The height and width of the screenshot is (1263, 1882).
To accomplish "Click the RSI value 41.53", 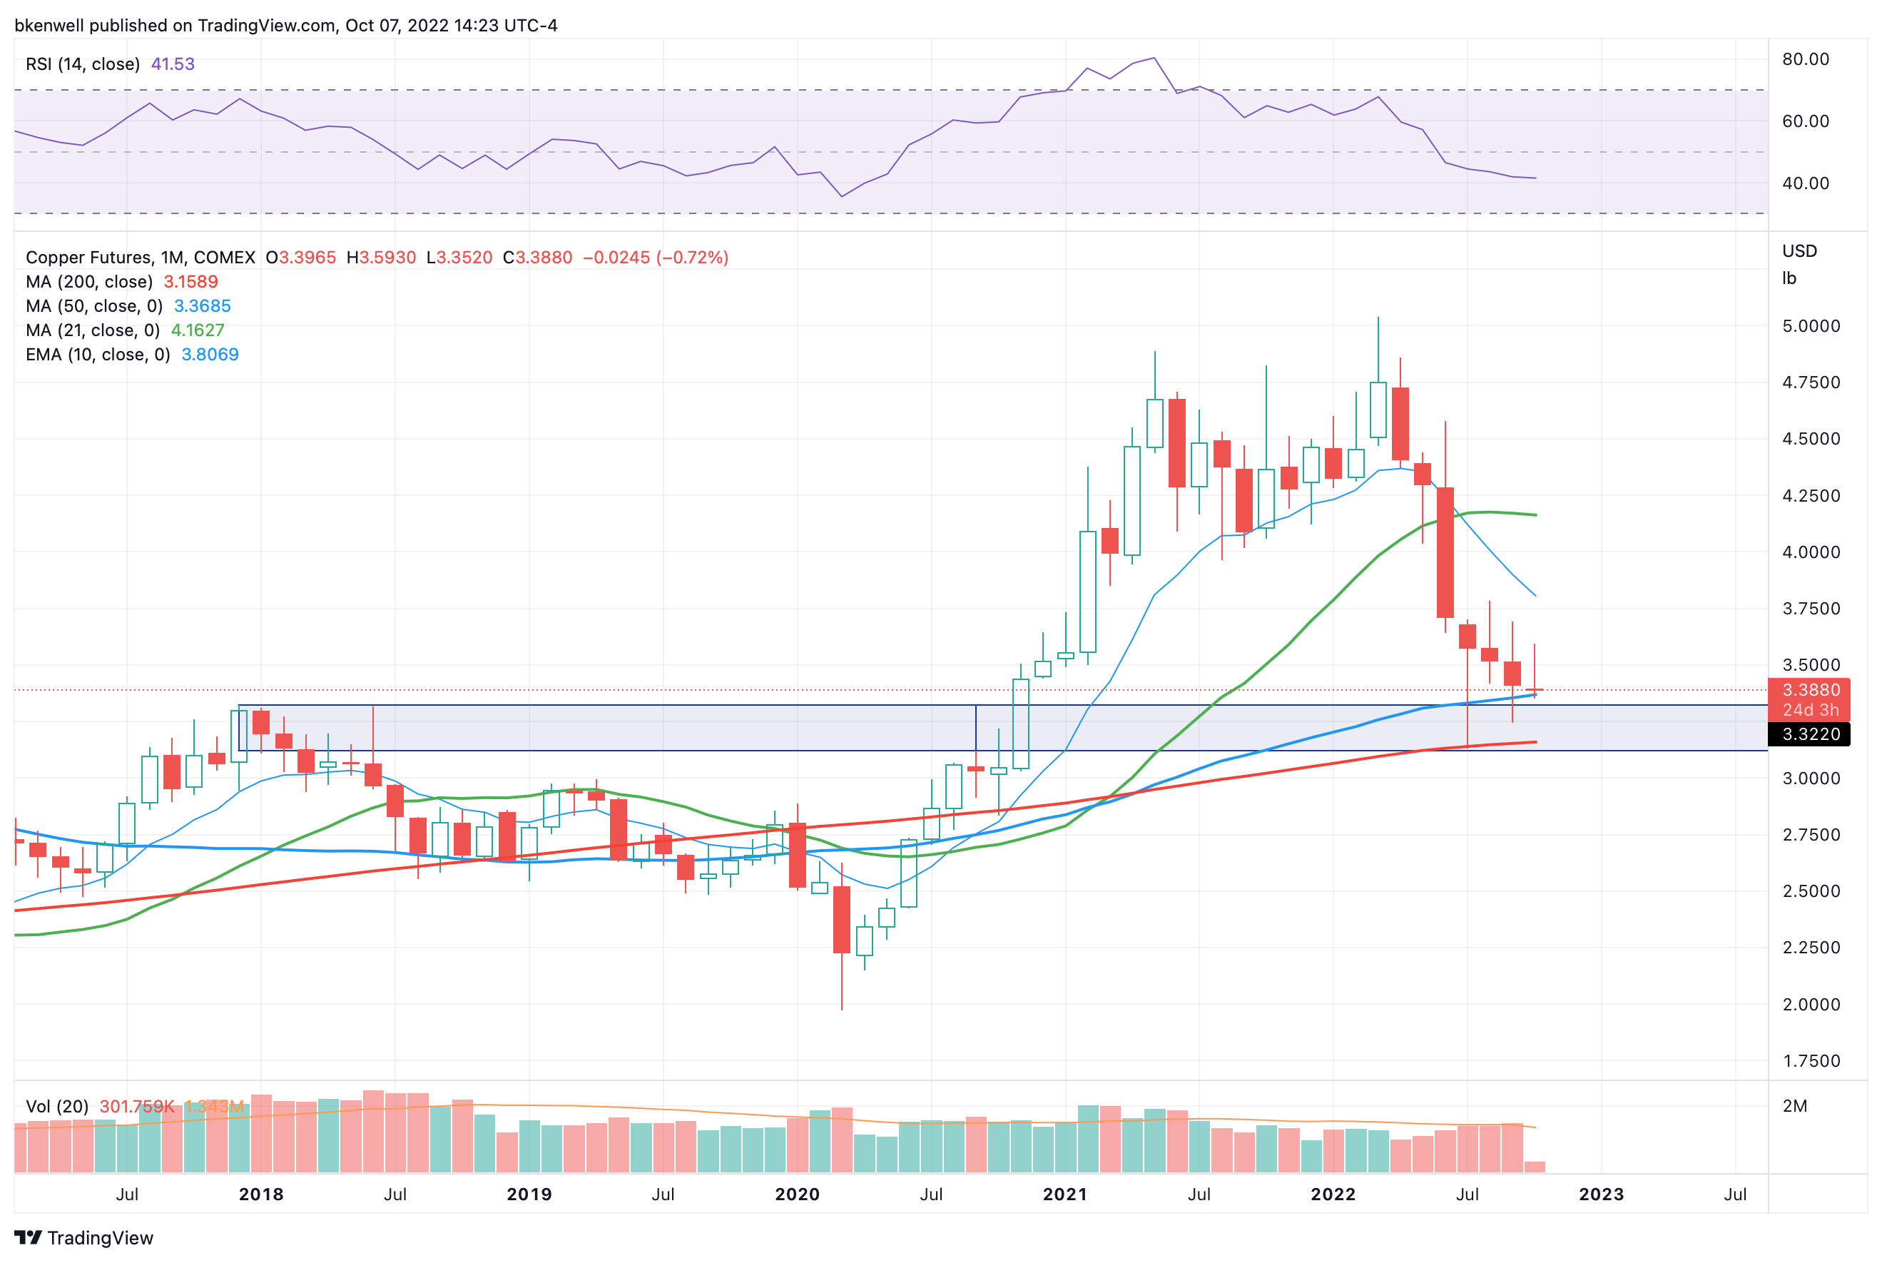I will (x=173, y=64).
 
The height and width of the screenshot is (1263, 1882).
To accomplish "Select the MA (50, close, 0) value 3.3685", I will (x=202, y=306).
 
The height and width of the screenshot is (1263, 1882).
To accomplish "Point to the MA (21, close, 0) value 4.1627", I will (x=198, y=330).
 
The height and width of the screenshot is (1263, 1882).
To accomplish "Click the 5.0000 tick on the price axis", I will (x=1811, y=326).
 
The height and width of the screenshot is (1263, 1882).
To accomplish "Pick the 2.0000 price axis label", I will (x=1811, y=1005).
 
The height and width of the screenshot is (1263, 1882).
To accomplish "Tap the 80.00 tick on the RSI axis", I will (x=1805, y=59).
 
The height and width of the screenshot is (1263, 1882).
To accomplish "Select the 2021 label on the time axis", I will (x=1064, y=1194).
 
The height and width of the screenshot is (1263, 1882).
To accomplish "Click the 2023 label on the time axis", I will (x=1601, y=1194).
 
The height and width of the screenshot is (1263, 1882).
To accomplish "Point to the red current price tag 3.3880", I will (x=1811, y=690).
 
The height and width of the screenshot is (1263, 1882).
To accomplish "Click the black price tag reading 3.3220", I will (x=1811, y=734).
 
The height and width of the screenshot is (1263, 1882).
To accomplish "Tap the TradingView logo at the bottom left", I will (x=83, y=1238).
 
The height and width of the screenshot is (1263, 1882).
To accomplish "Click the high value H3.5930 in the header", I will (x=381, y=258).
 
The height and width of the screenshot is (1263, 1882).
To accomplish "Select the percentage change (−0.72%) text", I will (x=692, y=258).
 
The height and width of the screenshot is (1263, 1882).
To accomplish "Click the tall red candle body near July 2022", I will (x=1445, y=552).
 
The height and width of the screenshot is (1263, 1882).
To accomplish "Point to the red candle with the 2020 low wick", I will (x=842, y=919).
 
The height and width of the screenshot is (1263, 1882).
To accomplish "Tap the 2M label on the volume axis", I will (x=1794, y=1106).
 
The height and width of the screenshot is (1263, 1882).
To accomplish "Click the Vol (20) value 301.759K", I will (x=136, y=1107).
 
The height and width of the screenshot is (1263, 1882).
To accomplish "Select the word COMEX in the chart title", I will (x=224, y=258).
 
